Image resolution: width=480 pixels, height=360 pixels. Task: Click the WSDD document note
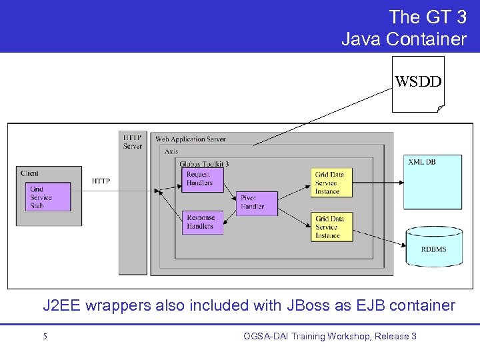[x=417, y=83]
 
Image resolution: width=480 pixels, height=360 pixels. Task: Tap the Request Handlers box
[x=203, y=179]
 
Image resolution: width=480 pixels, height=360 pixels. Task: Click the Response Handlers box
[x=203, y=222]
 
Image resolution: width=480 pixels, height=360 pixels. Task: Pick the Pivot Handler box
[x=257, y=203]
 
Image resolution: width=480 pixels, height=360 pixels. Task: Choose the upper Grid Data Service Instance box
[x=333, y=183]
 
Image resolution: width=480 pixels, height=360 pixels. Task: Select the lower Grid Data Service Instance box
[x=333, y=227]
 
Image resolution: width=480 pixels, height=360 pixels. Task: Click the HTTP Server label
[x=133, y=141]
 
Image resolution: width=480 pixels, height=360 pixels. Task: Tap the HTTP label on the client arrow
[x=101, y=181]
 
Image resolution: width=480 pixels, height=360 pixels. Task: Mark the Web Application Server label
[x=191, y=139]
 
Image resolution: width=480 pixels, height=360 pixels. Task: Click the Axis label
[x=171, y=152]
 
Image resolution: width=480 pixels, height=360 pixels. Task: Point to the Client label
[x=30, y=173]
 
